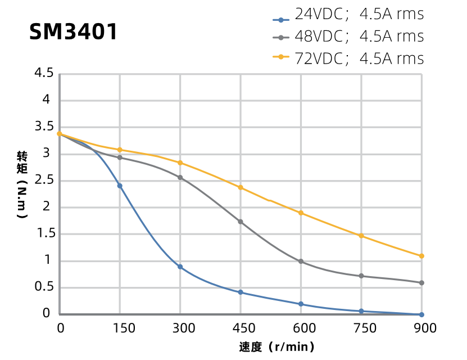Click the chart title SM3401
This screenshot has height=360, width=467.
74,32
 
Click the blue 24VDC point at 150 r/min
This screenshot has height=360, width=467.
120,186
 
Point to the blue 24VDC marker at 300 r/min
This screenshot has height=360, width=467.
180,267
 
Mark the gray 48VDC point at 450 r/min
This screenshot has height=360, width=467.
241,222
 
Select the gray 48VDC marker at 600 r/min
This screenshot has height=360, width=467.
301,262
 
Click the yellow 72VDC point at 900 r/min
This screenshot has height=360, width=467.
421,256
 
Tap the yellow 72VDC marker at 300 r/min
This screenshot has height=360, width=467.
180,163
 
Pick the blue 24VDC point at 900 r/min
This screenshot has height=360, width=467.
421,314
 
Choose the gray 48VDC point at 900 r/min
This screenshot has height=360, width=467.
421,283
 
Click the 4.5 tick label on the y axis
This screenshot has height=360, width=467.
44,73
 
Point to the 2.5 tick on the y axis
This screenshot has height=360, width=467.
44,180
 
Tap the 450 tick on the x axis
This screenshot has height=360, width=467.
241,328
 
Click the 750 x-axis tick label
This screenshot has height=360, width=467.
361,328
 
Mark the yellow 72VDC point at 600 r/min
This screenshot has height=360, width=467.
301,213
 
